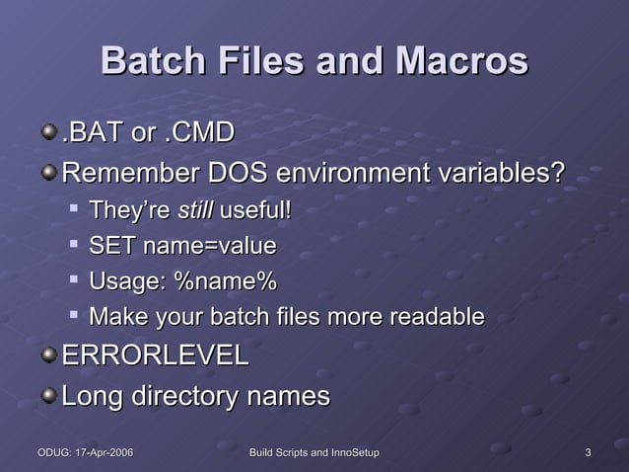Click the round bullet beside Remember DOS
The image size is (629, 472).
49,173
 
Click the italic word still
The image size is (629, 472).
195,210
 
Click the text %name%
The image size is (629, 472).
225,281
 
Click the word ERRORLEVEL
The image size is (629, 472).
156,356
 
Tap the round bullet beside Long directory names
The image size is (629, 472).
49,394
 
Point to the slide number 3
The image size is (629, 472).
588,452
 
